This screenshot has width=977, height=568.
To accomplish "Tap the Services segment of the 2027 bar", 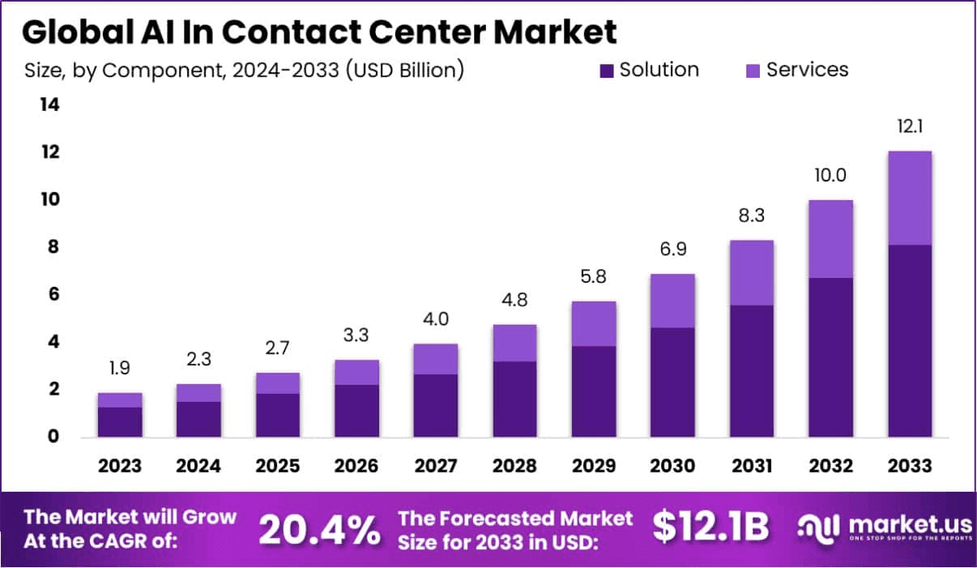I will [x=436, y=359].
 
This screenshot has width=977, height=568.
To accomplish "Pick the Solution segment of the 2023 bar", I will [x=120, y=422].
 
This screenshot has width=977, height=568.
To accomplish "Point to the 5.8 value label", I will [x=594, y=277].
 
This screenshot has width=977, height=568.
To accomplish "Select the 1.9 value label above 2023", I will [x=120, y=369].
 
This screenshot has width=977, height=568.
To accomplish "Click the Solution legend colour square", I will [x=607, y=71].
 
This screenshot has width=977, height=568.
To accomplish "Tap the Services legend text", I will [x=807, y=70].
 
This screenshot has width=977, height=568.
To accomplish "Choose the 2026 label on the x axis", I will [x=356, y=467].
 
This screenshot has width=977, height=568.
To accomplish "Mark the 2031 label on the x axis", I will [x=752, y=467].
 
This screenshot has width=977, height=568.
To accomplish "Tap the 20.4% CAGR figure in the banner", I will [x=319, y=530].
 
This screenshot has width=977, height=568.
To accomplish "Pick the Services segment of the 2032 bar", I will [x=831, y=239].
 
